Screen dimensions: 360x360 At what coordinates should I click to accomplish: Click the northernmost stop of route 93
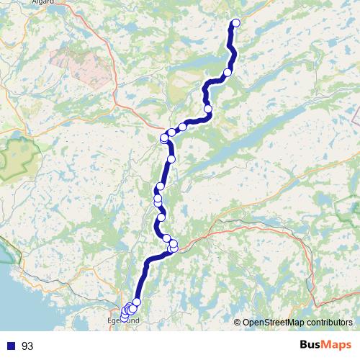[235, 23]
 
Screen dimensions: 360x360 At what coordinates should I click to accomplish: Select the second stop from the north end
[228, 72]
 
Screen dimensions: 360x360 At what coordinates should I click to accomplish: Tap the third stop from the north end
[208, 109]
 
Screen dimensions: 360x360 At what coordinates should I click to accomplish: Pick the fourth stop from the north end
[183, 127]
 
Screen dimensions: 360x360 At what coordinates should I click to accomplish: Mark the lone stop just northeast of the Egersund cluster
[137, 302]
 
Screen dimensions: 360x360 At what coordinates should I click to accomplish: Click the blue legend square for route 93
[12, 346]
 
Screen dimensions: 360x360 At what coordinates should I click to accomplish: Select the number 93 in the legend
[28, 346]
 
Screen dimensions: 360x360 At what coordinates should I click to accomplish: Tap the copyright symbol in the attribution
[237, 323]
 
